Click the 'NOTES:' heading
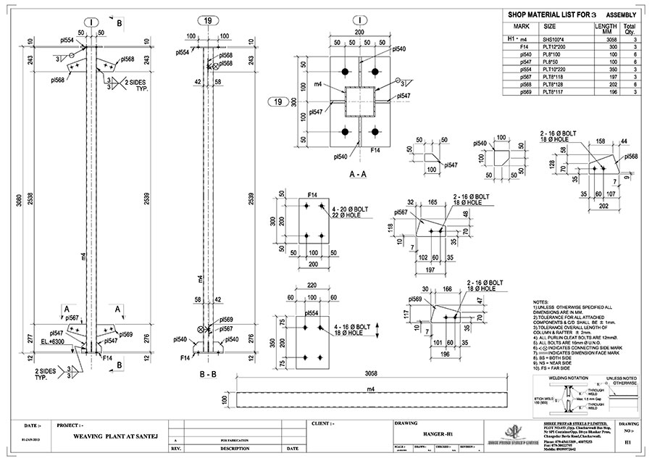click(x=541, y=300)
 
